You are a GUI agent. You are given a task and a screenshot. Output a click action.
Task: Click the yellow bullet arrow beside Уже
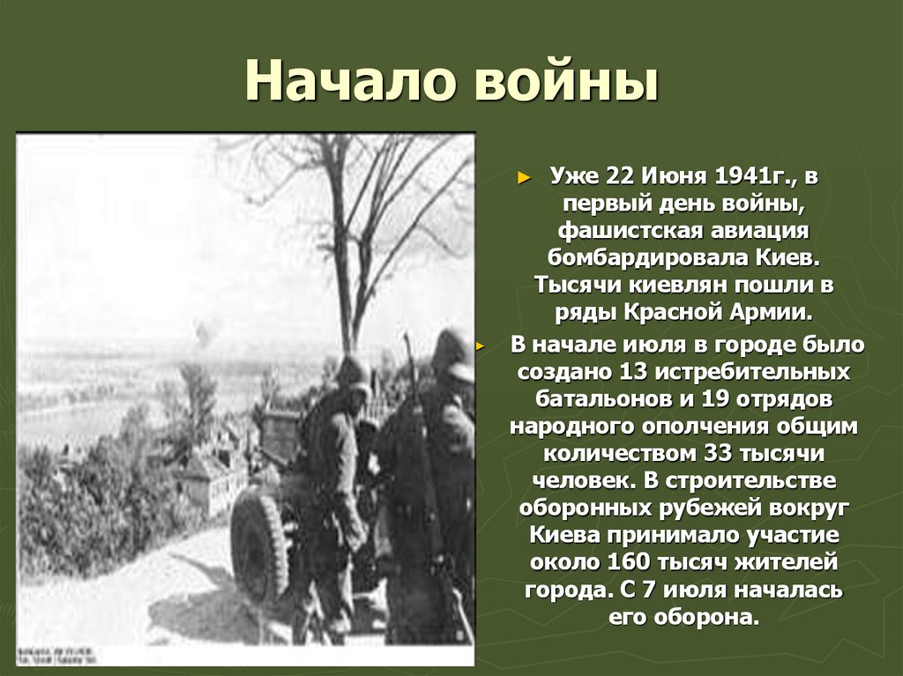tap(523, 177)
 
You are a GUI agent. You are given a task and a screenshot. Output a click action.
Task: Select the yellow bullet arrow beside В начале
tap(481, 345)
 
